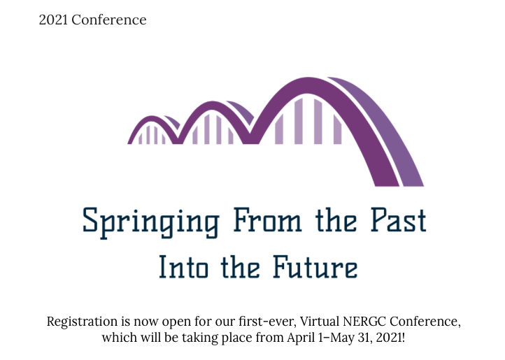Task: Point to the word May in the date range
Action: tap(344, 338)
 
